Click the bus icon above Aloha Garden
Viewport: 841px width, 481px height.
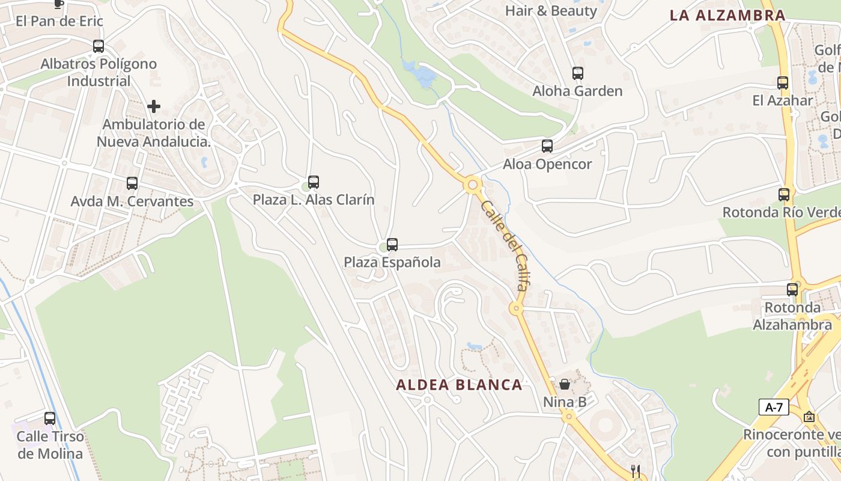pos(577,73)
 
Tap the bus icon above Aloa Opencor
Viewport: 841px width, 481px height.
pos(547,146)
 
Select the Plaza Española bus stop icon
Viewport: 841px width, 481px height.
pos(392,245)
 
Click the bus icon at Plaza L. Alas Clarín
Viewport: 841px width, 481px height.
pos(313,182)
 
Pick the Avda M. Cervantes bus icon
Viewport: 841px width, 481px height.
pos(132,183)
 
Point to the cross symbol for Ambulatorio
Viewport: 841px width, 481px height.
pos(154,106)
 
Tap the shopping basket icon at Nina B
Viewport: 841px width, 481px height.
pos(565,384)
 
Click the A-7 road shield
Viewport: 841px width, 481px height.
pos(774,407)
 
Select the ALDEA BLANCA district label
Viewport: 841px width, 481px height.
pos(459,385)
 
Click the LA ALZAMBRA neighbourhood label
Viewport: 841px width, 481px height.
pos(727,16)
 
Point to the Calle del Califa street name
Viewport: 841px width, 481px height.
pos(505,245)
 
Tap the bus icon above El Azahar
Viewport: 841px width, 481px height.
pos(782,83)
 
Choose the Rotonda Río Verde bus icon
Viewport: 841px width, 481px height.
pos(783,195)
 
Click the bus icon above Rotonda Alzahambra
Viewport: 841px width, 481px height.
pos(792,289)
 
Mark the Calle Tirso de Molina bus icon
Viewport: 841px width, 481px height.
pos(50,418)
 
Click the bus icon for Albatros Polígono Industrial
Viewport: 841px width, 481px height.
pos(98,46)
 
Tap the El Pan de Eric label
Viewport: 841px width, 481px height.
pos(59,21)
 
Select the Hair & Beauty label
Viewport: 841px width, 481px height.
pos(551,11)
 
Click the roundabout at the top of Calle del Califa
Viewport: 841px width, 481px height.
pos(473,185)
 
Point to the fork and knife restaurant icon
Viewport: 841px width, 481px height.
pos(636,471)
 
